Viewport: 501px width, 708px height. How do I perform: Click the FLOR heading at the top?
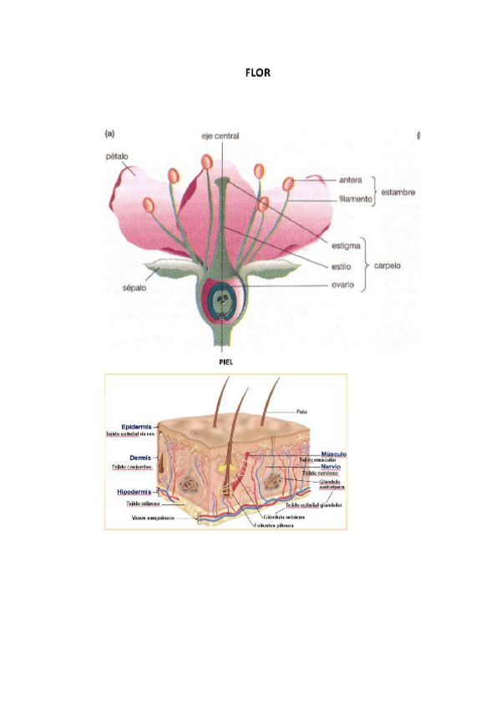(257, 73)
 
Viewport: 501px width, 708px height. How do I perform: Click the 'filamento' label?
(356, 200)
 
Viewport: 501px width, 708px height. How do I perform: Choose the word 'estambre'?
(398, 191)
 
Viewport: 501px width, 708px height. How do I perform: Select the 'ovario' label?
(350, 286)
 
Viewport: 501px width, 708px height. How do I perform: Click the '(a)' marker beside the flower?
(109, 133)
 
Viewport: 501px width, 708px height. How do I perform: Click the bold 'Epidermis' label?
(136, 426)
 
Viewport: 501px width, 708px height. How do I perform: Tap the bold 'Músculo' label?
(333, 454)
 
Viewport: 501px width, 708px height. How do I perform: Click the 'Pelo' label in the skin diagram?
(301, 411)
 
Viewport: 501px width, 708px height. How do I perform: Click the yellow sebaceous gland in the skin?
(225, 471)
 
